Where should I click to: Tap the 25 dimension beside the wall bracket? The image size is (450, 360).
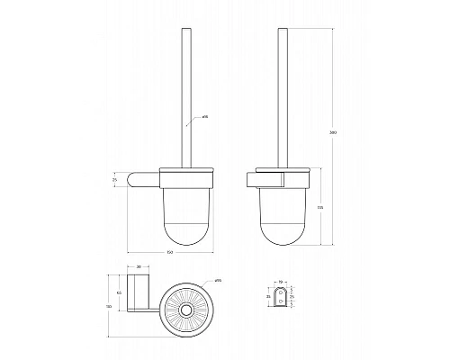click(x=114, y=181)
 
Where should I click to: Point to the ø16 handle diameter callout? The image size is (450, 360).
click(x=206, y=117)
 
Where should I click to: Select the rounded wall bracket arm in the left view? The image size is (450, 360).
click(x=144, y=180)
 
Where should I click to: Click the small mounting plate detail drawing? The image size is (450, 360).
click(x=282, y=299)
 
